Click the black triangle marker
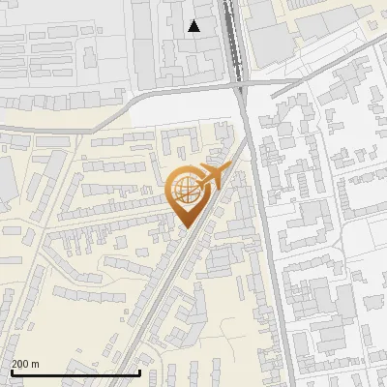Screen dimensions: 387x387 click(x=194, y=26)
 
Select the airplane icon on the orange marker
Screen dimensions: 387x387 click(x=209, y=177)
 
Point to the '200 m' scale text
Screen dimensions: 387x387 click(x=25, y=364)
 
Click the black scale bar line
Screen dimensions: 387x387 click(x=75, y=372)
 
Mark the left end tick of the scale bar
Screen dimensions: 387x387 click(x=11, y=371)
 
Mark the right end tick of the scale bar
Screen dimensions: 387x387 click(x=140, y=371)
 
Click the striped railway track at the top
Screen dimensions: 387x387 click(x=231, y=39)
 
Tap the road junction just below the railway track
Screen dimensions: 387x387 click(x=240, y=87)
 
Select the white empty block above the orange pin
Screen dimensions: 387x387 click(x=184, y=111)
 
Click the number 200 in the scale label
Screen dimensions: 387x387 click(x=20, y=364)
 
